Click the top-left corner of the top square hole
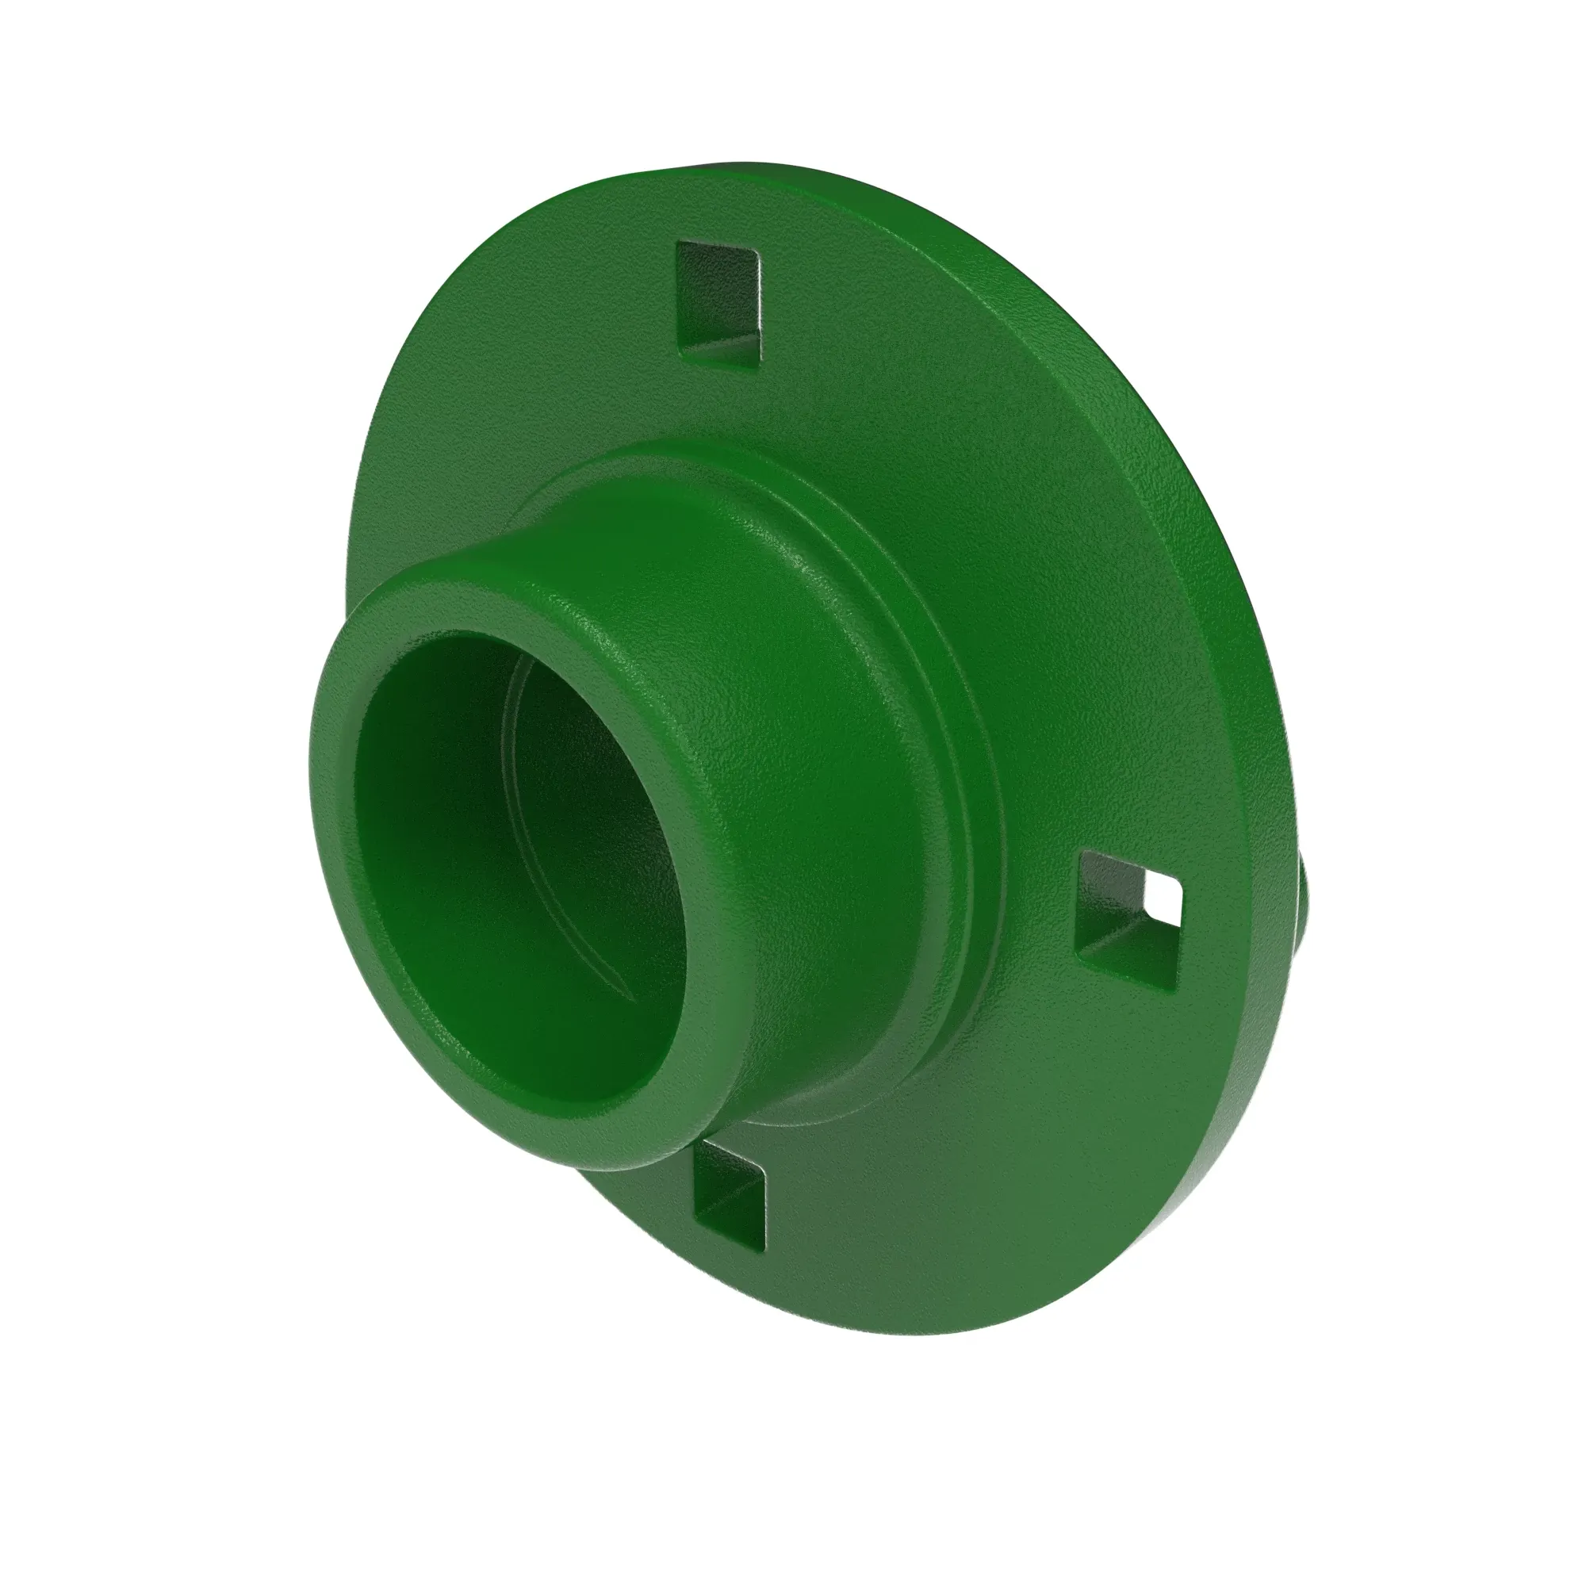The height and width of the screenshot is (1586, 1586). point(678,244)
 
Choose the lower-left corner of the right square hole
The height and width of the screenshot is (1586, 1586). point(1077,952)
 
